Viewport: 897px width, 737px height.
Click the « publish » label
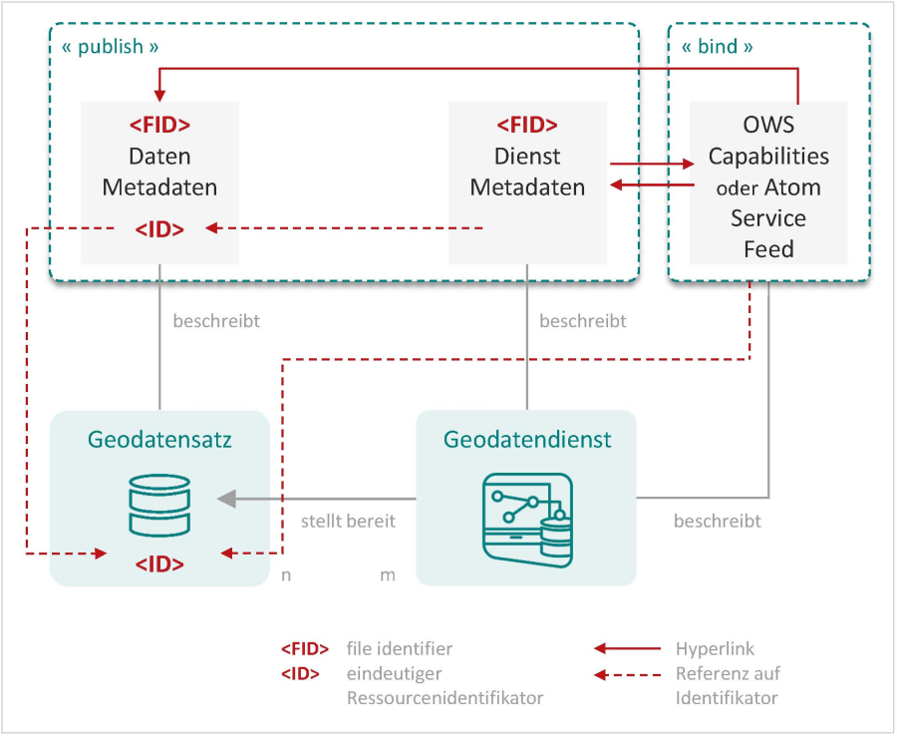coord(111,47)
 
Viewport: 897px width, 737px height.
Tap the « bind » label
coord(717,47)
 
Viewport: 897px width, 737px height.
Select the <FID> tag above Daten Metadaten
coord(159,126)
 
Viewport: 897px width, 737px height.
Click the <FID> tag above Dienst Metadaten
coord(527,126)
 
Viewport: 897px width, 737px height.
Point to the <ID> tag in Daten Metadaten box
coord(159,229)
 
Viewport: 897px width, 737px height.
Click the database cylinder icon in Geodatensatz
coord(159,505)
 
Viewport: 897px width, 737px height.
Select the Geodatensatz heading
coord(159,440)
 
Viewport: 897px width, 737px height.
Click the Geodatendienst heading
coord(527,440)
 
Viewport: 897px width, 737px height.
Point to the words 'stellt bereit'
coord(348,521)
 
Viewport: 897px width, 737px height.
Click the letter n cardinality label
coord(286,575)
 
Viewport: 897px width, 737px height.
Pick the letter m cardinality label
coord(388,575)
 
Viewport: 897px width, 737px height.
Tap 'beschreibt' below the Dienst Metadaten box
coord(583,321)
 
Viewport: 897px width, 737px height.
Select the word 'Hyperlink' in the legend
coord(716,649)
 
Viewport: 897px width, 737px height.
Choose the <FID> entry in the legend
coord(305,649)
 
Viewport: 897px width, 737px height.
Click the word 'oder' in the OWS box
coord(738,188)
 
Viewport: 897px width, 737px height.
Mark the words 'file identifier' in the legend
coord(400,649)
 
